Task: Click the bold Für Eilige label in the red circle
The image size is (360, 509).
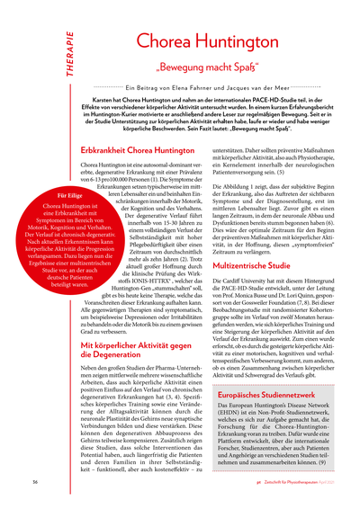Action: click(x=58, y=194)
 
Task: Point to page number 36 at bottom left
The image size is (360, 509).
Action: click(x=33, y=481)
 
